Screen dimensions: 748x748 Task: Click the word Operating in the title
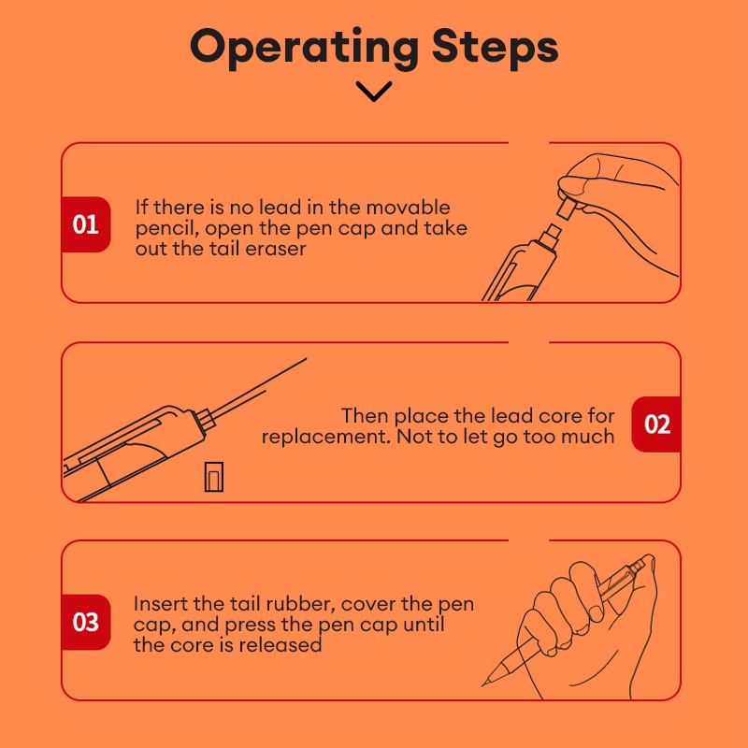click(304, 49)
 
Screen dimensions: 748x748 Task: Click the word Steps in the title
click(495, 47)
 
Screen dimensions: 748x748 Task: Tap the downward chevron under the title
click(374, 91)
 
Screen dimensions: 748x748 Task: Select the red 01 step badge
click(86, 224)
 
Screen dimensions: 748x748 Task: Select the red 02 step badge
click(656, 424)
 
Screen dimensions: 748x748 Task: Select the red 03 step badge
click(86, 622)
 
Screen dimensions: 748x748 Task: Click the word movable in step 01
click(408, 208)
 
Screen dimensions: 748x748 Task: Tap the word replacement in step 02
click(325, 438)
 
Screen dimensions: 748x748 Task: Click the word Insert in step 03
click(160, 604)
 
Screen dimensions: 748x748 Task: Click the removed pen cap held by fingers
click(567, 209)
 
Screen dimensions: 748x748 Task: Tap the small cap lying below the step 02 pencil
click(214, 477)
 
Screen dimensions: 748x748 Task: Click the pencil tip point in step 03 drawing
click(482, 685)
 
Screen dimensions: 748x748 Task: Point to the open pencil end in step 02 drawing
click(204, 419)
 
